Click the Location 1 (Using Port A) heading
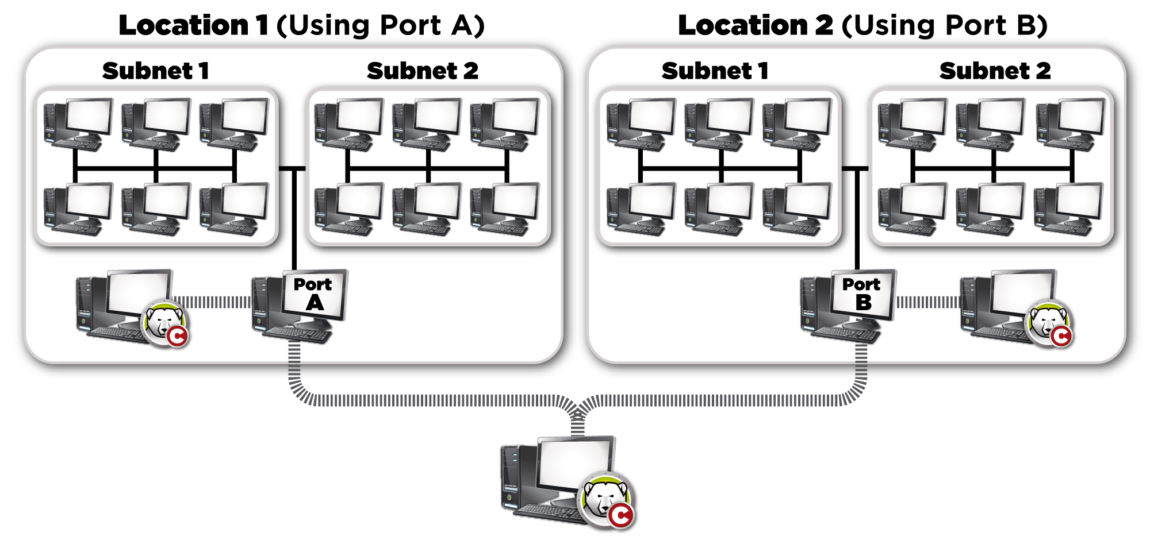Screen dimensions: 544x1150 click(301, 25)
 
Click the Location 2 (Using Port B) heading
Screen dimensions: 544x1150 click(862, 25)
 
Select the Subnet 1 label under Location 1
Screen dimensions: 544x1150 click(155, 71)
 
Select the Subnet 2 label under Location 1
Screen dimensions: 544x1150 click(423, 71)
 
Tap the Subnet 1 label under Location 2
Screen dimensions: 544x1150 click(715, 71)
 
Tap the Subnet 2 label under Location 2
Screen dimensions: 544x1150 click(995, 71)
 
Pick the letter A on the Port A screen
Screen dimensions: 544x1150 click(315, 303)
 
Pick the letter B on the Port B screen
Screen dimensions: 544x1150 click(863, 303)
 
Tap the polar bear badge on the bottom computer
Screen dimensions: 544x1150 click(607, 500)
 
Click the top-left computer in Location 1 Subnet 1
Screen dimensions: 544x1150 click(78, 124)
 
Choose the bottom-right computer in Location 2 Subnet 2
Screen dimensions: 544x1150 click(1068, 208)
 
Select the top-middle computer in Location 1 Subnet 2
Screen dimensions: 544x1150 click(427, 124)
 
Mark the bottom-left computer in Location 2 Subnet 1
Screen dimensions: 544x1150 click(641, 208)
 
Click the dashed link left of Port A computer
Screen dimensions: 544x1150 click(212, 302)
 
